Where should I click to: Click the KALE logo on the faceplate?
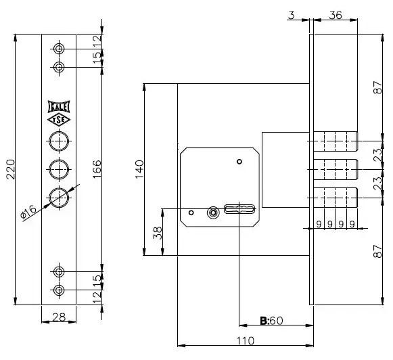tap(59, 107)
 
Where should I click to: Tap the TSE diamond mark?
tap(59, 120)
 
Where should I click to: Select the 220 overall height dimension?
tap(11, 169)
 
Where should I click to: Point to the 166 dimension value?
tap(97, 169)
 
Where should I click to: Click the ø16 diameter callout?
tap(28, 211)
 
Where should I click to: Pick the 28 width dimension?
tap(59, 317)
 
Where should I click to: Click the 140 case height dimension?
tap(139, 169)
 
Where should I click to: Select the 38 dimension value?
tap(158, 233)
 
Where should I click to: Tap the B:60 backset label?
tap(271, 321)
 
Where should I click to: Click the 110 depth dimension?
tap(246, 340)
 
